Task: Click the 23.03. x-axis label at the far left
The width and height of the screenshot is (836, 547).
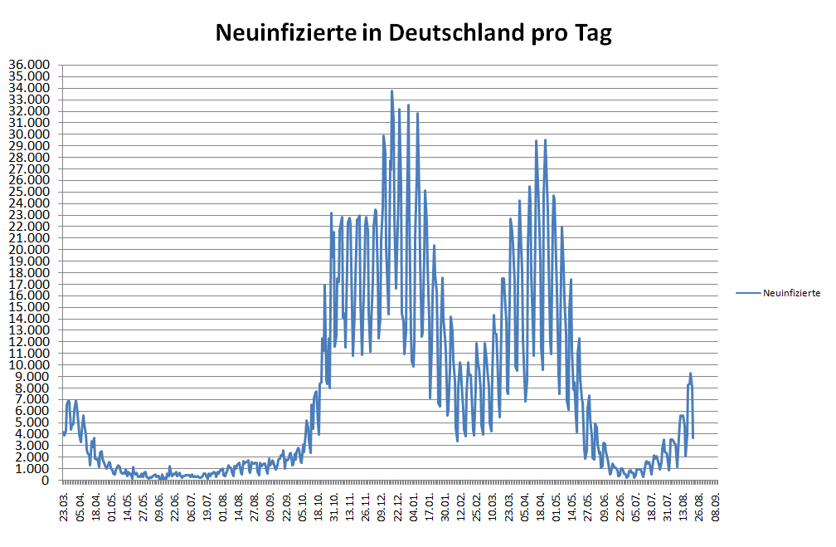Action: [65, 506]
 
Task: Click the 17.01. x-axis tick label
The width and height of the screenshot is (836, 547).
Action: [429, 506]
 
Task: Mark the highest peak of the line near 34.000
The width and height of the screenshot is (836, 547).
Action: [391, 91]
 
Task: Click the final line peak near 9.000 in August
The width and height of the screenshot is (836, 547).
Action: [690, 374]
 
